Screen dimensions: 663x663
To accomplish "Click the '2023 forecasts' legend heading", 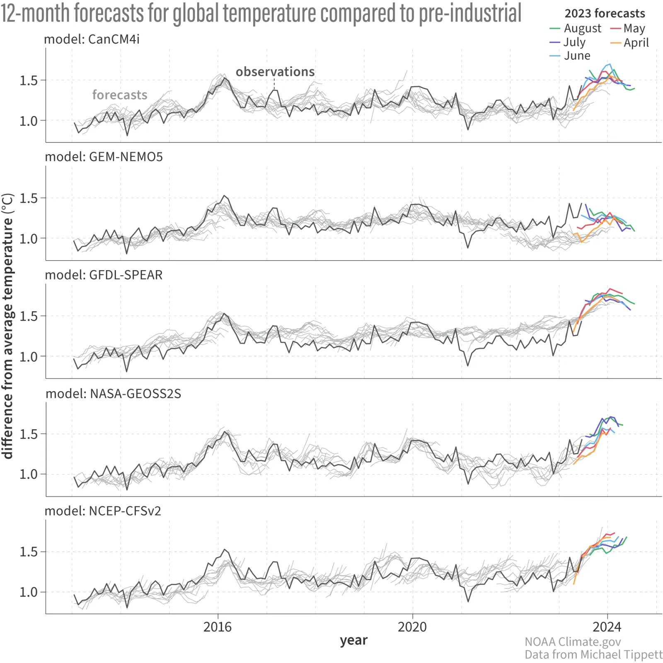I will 605,14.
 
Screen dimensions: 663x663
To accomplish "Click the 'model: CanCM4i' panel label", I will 92,39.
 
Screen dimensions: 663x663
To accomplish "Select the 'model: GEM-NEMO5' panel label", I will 104,157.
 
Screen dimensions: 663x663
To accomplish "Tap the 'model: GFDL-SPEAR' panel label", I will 104,275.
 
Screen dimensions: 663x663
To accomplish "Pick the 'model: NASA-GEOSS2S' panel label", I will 113,394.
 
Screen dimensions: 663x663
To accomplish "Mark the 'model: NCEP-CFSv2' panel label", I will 103,511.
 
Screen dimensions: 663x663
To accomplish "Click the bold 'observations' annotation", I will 275,72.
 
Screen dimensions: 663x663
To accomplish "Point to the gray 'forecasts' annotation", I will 120,95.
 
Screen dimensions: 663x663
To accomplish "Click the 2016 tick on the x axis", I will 218,627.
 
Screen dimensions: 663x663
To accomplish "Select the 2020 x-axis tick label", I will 412,627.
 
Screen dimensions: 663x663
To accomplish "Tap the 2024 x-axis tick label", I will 607,627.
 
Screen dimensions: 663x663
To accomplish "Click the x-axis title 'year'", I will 353,641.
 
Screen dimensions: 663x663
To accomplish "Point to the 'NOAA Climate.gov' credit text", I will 573,642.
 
